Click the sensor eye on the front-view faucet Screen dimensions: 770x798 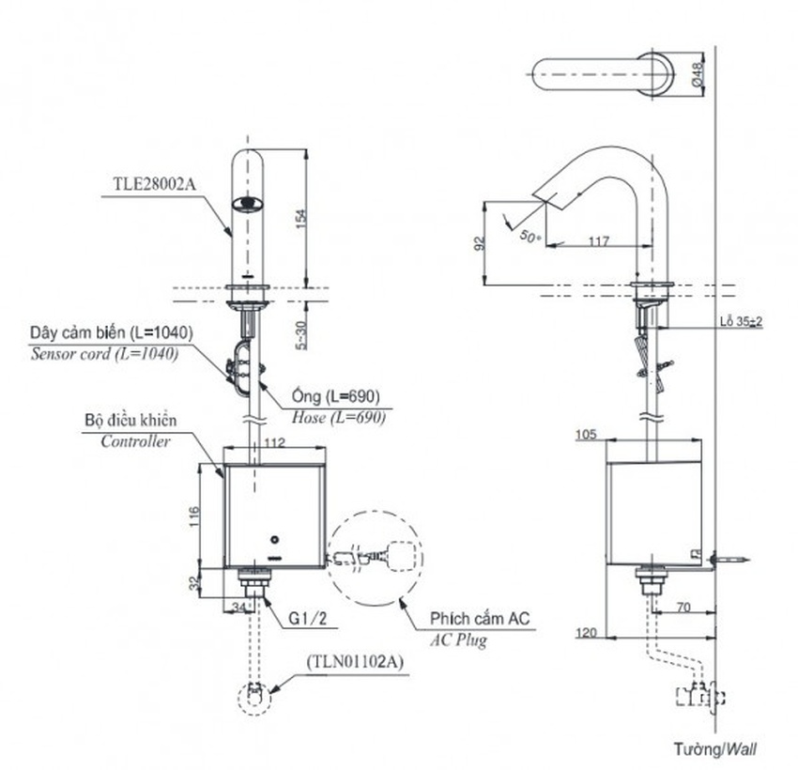(x=248, y=202)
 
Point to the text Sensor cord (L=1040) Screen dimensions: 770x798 (x=105, y=354)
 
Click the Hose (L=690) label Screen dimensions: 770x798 (x=340, y=419)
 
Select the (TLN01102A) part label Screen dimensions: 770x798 (x=354, y=662)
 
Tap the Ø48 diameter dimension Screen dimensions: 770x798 (x=699, y=74)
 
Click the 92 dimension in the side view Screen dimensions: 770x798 (x=480, y=244)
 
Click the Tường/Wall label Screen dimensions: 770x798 (x=715, y=749)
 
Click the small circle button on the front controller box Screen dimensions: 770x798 (x=274, y=540)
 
